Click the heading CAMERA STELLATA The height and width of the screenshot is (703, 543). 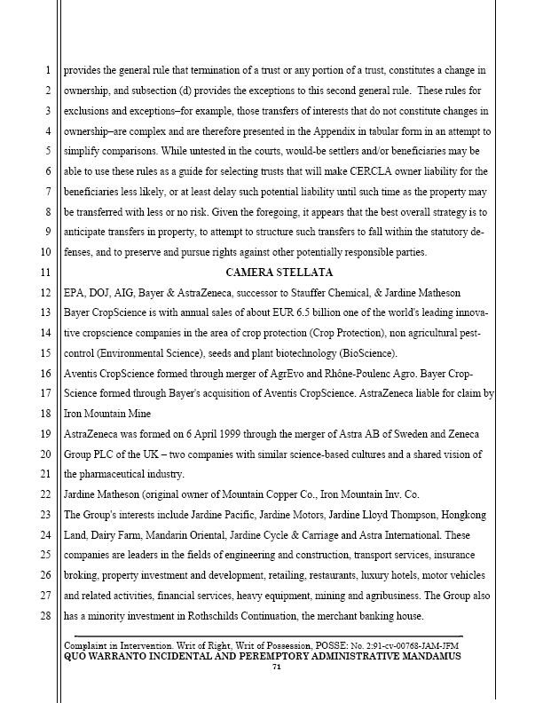[x=279, y=272]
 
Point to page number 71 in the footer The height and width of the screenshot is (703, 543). [x=276, y=667]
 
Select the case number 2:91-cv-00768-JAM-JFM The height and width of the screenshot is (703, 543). [x=402, y=644]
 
